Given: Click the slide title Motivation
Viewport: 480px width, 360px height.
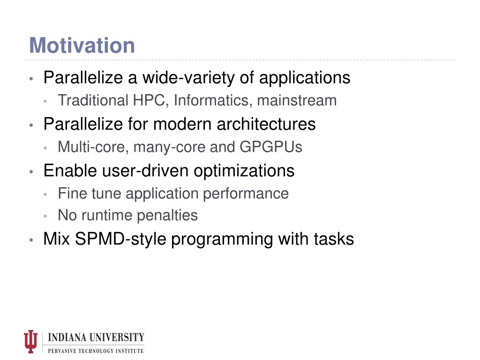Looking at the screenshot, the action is click(x=82, y=45).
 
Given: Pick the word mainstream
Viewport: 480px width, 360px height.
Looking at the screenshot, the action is click(x=297, y=100).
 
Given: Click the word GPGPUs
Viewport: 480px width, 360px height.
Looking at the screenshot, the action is click(x=271, y=147).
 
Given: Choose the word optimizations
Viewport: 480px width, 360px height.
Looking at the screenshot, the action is click(x=244, y=171).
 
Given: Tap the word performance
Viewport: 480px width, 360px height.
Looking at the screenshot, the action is click(x=246, y=194).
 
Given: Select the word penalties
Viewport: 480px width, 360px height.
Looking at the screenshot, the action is click(x=167, y=215).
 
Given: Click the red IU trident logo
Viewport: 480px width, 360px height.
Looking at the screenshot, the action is click(x=30, y=341).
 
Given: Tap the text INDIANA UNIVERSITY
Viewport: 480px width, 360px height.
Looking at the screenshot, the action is click(x=96, y=337).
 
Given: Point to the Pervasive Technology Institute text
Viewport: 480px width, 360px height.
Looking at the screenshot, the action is click(x=96, y=351).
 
